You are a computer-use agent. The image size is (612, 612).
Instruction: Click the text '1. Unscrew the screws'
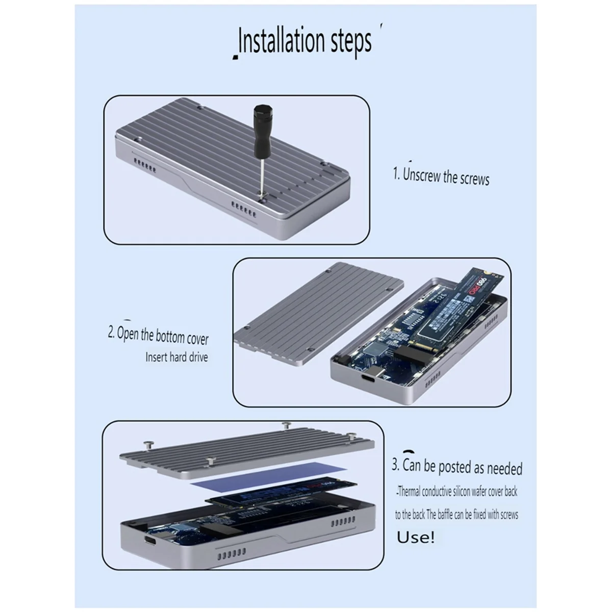pyautogui.click(x=441, y=176)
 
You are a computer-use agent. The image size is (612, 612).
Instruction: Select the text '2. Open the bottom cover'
pyautogui.click(x=158, y=335)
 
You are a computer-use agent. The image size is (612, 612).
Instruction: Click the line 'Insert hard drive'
pyautogui.click(x=176, y=357)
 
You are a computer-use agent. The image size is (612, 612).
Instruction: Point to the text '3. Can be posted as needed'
pyautogui.click(x=457, y=467)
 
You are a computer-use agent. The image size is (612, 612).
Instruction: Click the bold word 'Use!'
pyautogui.click(x=416, y=538)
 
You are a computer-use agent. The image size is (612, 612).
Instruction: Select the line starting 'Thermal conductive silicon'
pyautogui.click(x=456, y=492)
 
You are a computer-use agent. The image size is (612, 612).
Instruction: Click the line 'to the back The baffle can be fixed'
pyautogui.click(x=456, y=514)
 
